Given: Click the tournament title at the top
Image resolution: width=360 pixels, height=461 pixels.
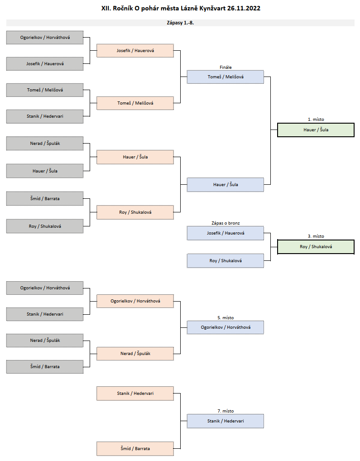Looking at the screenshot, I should click(181, 8).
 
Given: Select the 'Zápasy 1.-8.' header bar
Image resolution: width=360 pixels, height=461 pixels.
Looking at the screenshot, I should click(180, 23).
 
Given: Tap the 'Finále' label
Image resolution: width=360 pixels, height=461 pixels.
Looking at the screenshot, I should click(226, 67).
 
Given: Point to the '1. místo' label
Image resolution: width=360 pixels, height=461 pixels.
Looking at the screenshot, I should click(316, 120).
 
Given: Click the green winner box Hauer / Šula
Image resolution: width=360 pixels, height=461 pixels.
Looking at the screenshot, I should click(316, 130).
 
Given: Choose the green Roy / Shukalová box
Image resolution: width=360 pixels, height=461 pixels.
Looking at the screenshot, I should click(316, 247).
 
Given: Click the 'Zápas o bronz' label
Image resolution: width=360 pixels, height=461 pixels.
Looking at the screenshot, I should click(226, 223).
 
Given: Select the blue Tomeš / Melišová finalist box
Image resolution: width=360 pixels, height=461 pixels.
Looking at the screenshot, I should click(226, 77).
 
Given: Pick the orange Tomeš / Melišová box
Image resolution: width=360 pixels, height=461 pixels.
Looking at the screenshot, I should click(135, 103).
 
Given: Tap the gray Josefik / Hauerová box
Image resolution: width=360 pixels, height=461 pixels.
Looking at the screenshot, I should click(45, 64).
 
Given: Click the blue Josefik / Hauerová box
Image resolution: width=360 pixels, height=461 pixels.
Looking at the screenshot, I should click(226, 233).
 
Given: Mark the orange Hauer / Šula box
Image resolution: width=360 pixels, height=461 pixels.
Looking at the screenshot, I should click(135, 157).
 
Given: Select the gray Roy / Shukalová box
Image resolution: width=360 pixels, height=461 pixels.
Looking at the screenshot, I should click(45, 226).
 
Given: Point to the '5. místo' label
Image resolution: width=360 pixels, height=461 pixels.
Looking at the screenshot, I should click(226, 318).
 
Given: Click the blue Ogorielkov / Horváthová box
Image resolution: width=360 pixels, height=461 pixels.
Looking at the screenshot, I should click(226, 327).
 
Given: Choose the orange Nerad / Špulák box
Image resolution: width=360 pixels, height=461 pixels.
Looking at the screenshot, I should click(135, 354).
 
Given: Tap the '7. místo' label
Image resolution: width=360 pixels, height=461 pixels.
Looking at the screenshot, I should click(226, 411).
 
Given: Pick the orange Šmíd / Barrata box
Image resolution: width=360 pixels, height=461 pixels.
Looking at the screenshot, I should click(135, 449).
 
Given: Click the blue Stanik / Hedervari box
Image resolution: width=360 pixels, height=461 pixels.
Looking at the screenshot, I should click(226, 421).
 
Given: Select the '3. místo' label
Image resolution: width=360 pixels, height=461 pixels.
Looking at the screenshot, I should click(316, 236).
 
